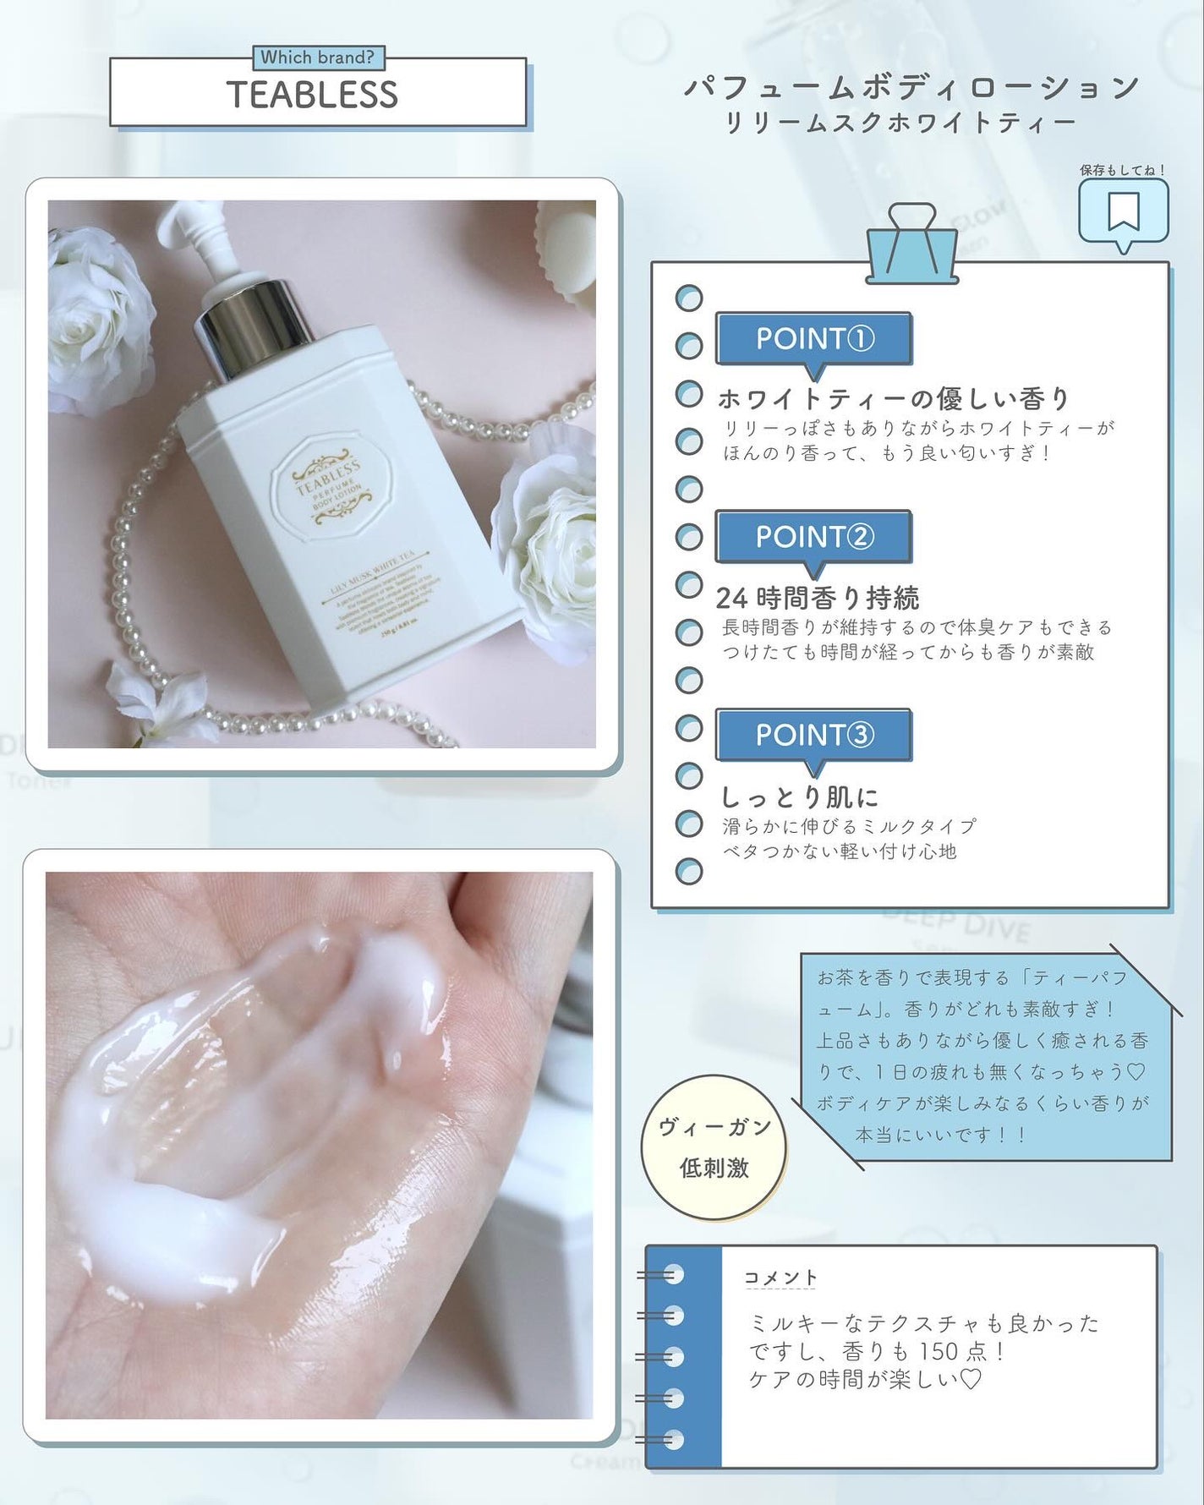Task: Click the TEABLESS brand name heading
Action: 312,95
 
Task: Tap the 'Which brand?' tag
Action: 317,57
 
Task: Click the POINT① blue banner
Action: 813,339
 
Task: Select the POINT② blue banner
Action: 813,537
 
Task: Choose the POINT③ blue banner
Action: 813,735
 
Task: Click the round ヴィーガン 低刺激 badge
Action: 714,1147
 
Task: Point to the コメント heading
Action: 780,1277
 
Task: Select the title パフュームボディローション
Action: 911,87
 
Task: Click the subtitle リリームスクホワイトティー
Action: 900,123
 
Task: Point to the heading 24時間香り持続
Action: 817,598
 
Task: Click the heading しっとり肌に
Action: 799,796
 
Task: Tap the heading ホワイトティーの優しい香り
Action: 894,398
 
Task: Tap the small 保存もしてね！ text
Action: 1122,170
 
